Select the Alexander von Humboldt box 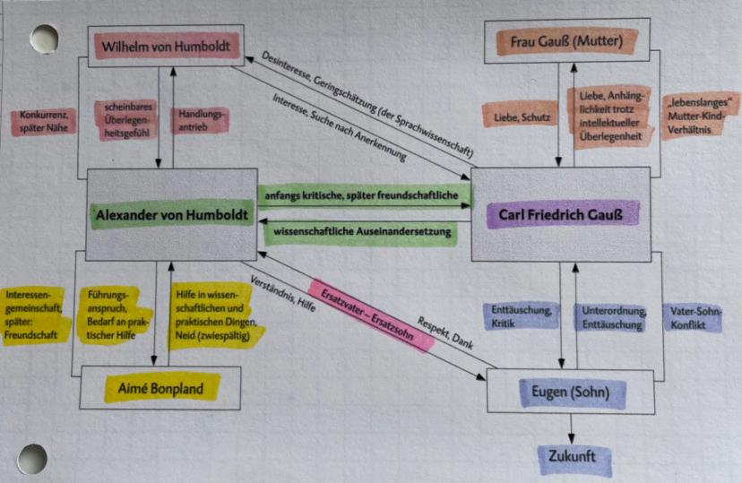coord(170,214)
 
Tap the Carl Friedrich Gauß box coord(560,215)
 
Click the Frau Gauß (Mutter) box coord(566,42)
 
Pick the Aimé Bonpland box coord(160,388)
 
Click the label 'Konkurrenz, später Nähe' coord(43,122)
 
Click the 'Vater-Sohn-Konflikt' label coord(695,317)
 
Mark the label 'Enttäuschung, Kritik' coord(518,316)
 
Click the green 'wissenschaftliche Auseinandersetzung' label coord(358,232)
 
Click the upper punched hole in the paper coord(42,39)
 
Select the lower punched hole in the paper coord(32,458)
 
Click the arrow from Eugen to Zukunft coord(572,425)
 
